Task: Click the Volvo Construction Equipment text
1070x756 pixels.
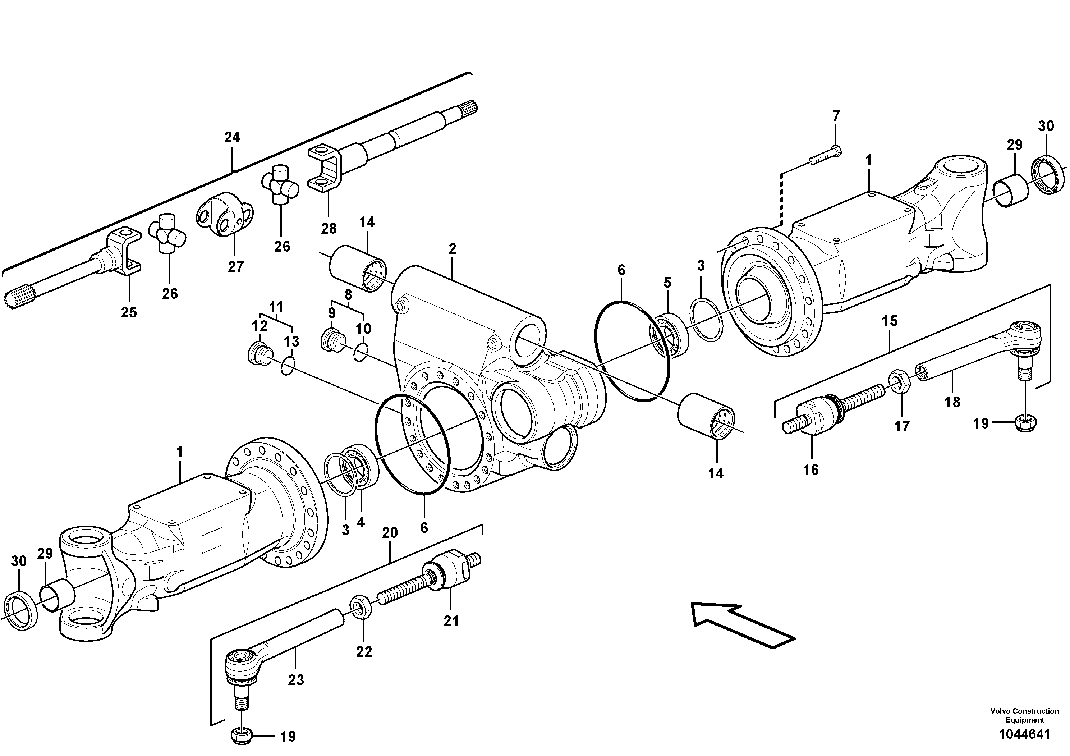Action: pyautogui.click(x=1024, y=715)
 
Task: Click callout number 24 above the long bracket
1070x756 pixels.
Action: pyautogui.click(x=232, y=137)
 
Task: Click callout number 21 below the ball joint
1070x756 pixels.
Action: pyautogui.click(x=451, y=621)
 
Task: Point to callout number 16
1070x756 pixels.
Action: pyautogui.click(x=810, y=470)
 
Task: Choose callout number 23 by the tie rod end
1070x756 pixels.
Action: pyautogui.click(x=295, y=681)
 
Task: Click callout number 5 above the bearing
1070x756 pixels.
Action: pyautogui.click(x=667, y=283)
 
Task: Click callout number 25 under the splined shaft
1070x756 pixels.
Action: pyautogui.click(x=129, y=312)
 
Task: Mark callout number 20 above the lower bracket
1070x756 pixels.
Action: pyautogui.click(x=390, y=533)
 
